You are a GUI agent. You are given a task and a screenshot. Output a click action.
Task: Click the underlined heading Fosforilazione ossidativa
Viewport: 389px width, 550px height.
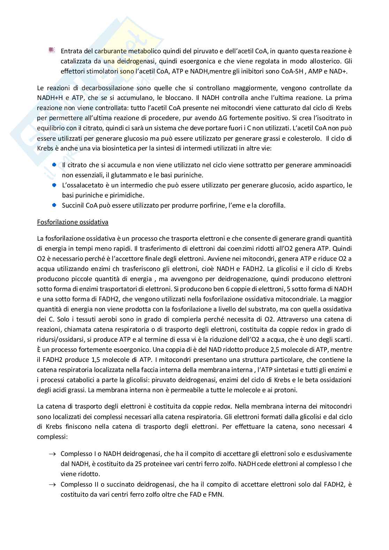tap(73, 222)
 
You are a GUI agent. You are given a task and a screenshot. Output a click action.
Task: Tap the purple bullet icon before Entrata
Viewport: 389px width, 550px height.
tap(52, 51)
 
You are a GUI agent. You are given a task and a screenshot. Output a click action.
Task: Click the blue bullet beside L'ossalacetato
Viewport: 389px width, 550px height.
tap(54, 185)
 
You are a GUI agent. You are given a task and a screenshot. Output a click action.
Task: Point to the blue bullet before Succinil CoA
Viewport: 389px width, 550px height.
tap(54, 205)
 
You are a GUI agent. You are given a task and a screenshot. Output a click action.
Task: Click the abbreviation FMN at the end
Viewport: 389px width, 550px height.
tap(216, 494)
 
